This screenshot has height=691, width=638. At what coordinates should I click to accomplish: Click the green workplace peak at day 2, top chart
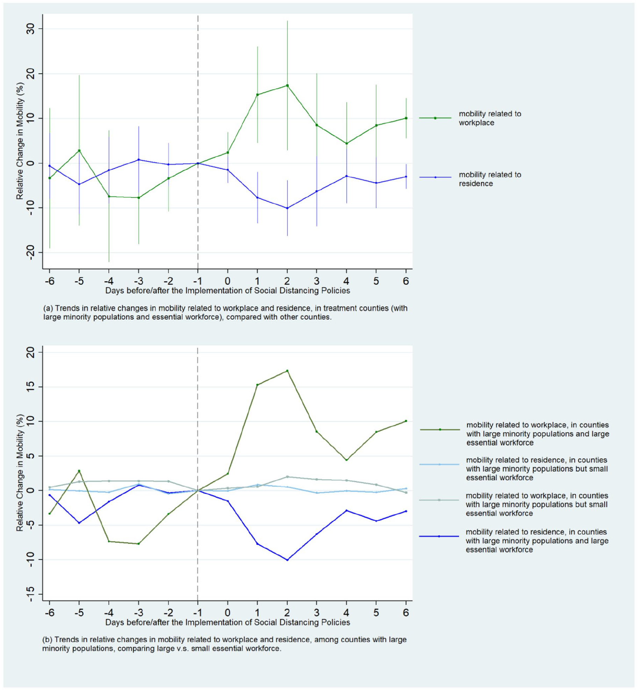point(287,86)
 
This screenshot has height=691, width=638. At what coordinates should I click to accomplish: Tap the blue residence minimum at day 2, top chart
point(287,208)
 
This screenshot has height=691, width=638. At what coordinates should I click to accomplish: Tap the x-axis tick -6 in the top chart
point(49,281)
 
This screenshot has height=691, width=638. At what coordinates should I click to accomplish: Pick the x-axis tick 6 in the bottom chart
point(406,612)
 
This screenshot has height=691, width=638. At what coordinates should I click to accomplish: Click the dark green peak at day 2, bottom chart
point(287,371)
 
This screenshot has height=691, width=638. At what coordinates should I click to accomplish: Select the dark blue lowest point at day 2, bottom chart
point(287,560)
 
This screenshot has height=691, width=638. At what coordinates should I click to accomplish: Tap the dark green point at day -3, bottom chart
point(138,544)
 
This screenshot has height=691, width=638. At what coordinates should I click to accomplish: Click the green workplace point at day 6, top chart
point(406,118)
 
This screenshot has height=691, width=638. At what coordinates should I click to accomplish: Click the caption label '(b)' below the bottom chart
point(47,640)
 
